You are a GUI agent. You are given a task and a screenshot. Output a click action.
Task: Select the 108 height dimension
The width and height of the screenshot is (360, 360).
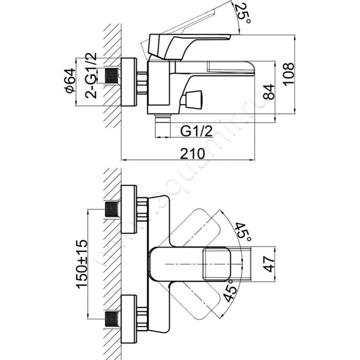click(290, 73)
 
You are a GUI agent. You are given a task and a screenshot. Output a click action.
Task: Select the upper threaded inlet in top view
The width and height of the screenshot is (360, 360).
click(112, 209)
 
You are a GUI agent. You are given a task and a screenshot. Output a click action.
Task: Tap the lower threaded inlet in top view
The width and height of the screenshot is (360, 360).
click(112, 319)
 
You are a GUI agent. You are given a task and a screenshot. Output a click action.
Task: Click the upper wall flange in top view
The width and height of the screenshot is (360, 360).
click(129, 209)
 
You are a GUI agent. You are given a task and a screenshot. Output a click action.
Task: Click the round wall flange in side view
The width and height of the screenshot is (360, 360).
click(129, 82)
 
